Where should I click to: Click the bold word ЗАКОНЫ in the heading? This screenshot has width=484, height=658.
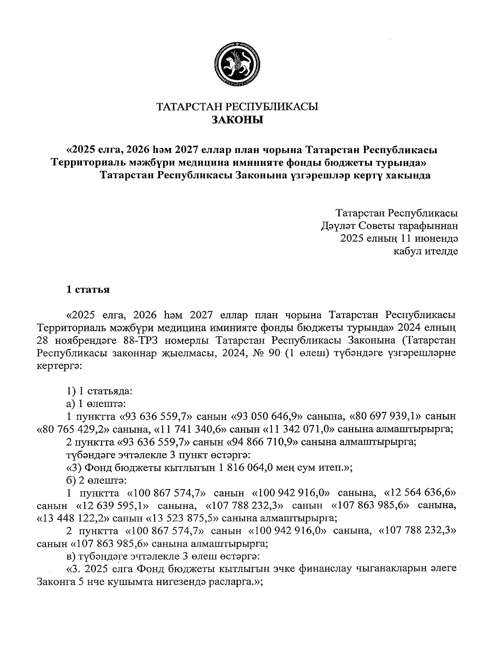point(237,120)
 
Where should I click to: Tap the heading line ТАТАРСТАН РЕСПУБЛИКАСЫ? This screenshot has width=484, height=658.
point(237,107)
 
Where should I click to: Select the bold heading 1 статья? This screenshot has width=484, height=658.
point(88,289)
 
